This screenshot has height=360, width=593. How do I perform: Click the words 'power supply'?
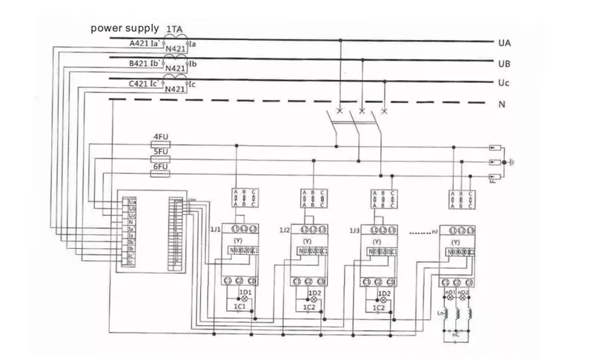pos(125,29)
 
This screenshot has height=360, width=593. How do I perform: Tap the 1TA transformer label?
pos(175,28)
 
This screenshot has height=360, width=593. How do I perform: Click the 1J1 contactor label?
pos(216,230)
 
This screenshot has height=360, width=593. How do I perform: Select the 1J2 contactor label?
pos(285,230)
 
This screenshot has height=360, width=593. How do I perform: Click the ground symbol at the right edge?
pos(513,159)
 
